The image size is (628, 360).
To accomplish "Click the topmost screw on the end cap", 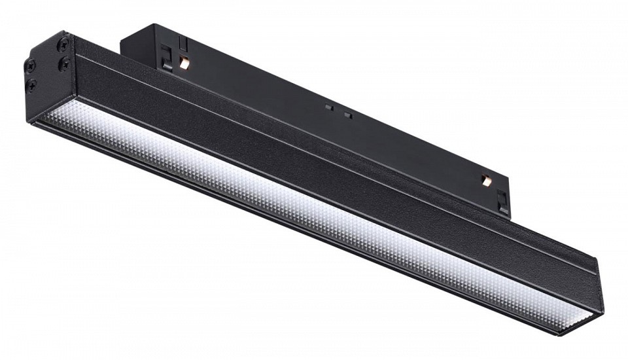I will [x=63, y=44].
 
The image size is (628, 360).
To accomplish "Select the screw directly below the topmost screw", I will [x=65, y=63].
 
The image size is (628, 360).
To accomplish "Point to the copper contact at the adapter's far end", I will [x=485, y=179].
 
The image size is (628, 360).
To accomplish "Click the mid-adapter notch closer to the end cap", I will [x=329, y=106].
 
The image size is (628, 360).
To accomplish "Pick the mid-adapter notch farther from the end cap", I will [x=348, y=115].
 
